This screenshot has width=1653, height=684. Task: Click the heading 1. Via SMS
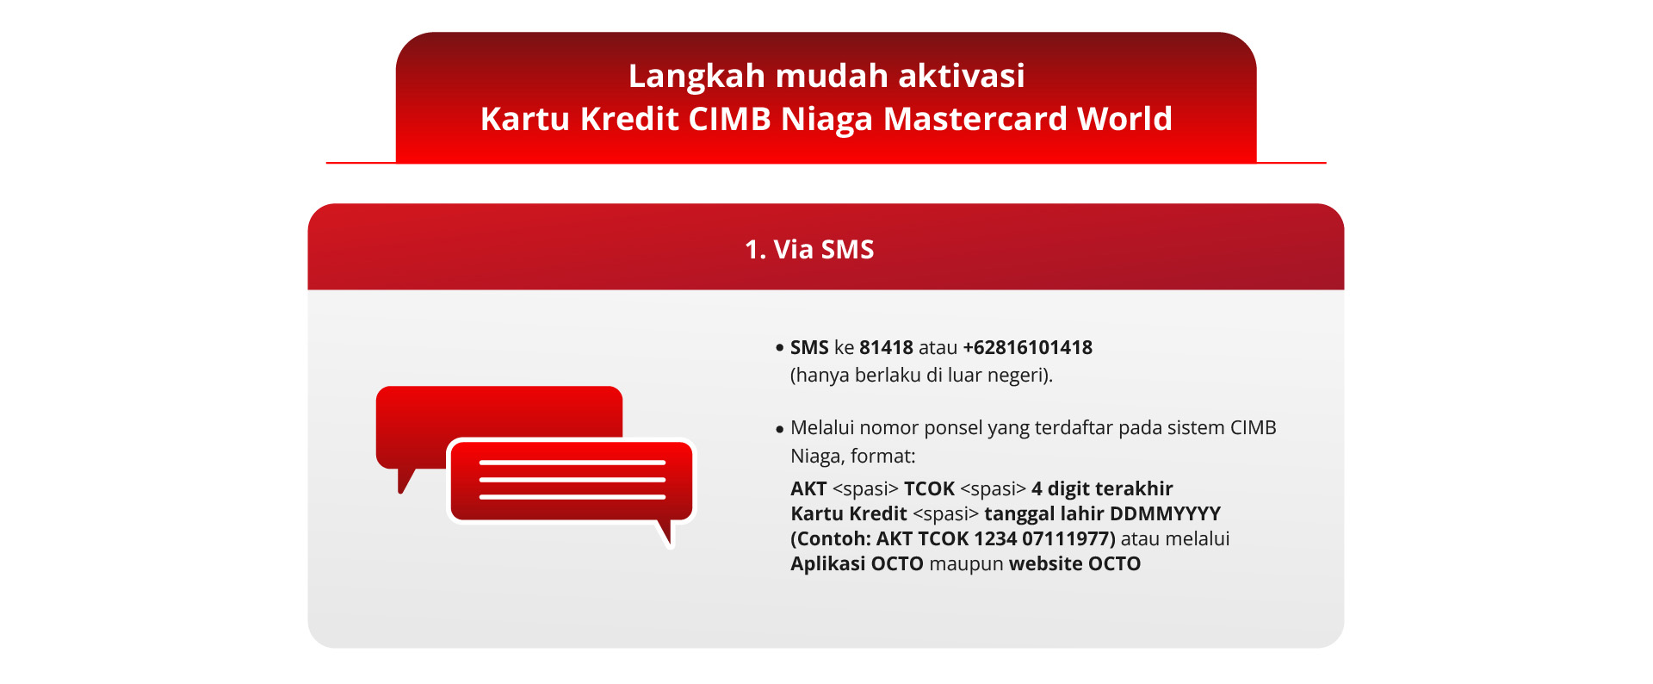(x=809, y=250)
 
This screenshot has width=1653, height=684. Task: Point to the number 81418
(x=886, y=348)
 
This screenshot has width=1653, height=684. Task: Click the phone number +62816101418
(x=1028, y=348)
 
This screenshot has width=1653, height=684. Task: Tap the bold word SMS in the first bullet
(x=809, y=348)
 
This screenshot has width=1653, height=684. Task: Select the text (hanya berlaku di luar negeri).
(x=921, y=376)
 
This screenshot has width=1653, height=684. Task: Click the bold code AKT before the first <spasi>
(x=808, y=489)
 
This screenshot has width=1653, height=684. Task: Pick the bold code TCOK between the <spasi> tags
(x=929, y=489)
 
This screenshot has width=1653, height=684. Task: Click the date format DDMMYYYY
(x=1166, y=514)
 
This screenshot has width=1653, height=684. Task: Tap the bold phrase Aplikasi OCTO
(x=857, y=564)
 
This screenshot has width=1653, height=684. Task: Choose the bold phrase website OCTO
(x=1074, y=564)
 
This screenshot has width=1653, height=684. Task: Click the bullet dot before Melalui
(x=780, y=429)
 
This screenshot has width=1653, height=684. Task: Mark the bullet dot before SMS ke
(x=780, y=349)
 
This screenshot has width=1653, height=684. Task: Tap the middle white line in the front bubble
(x=573, y=480)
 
